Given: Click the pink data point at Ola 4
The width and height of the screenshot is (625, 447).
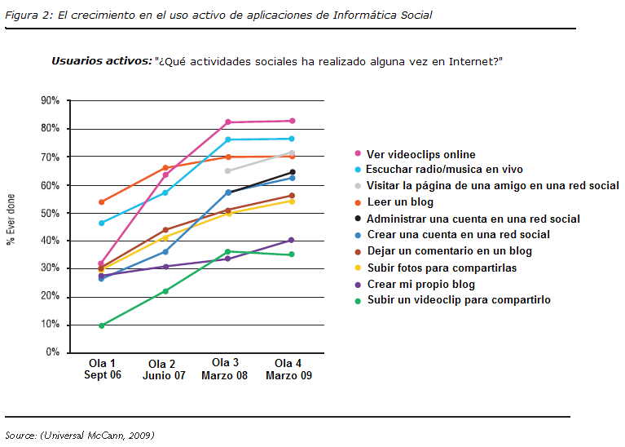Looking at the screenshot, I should [292, 121].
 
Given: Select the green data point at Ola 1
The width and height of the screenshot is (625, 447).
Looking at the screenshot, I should [102, 325].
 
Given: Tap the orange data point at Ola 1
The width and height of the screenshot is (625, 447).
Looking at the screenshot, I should [102, 201].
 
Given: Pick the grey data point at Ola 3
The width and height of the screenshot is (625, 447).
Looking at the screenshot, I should [228, 170].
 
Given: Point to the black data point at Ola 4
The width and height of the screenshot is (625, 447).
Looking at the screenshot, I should [292, 172].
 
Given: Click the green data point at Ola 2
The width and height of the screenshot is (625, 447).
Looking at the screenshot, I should [165, 291].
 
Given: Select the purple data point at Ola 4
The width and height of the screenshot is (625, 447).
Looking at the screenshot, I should [292, 240].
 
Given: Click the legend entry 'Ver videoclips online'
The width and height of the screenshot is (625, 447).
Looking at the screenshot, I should [420, 154].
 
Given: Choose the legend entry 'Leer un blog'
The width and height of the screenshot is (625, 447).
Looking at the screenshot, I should [399, 202].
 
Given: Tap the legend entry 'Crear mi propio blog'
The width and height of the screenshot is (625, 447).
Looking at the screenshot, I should [420, 284].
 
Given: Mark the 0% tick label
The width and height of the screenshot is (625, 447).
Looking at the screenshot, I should [52, 352].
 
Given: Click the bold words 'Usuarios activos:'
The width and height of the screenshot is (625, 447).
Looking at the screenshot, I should [101, 60].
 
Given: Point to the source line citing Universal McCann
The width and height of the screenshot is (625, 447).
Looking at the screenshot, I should [80, 434].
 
